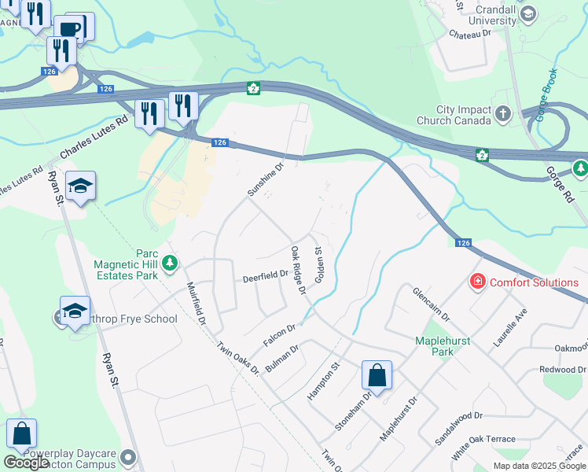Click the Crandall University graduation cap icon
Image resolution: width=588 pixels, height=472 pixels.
[528, 13]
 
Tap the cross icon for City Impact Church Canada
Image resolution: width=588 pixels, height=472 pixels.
[504, 116]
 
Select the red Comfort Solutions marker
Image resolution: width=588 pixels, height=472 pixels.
[476, 281]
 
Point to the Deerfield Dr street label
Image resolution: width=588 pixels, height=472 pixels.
[265, 276]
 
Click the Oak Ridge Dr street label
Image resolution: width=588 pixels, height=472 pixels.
[297, 270]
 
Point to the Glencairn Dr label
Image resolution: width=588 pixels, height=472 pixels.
[431, 304]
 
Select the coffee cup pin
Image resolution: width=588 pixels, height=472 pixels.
[70, 28]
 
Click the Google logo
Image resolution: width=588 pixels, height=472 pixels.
[25, 463]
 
